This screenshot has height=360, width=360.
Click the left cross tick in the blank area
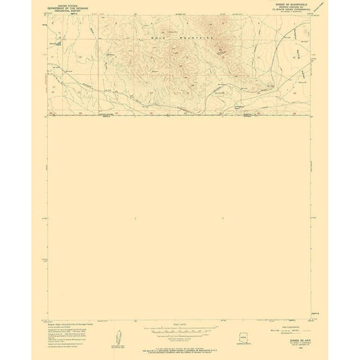coord(133,218)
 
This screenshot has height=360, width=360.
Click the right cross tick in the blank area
coord(223,218)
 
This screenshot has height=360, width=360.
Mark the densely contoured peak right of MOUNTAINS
coord(223,49)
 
